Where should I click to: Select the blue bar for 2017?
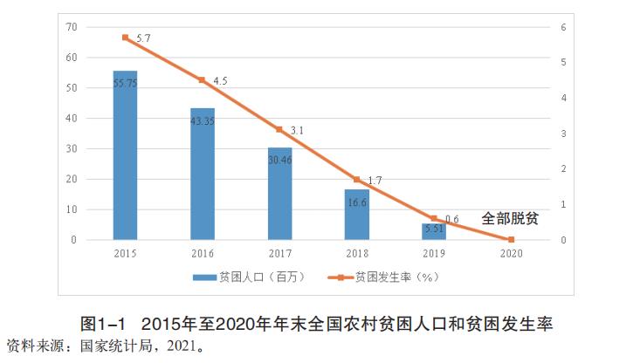pos(279,194)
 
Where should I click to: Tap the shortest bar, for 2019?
pos(434,231)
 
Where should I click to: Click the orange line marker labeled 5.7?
pos(125,38)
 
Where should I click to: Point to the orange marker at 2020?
pos(511,240)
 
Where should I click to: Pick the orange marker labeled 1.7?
pos(356,180)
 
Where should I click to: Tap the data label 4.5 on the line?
pos(220,81)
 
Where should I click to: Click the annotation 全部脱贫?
pos(510,218)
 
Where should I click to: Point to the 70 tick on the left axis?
pos(71,27)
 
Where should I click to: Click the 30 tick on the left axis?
pos(71,148)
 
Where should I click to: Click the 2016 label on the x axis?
pos(203,253)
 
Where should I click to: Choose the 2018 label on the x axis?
pos(356,253)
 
